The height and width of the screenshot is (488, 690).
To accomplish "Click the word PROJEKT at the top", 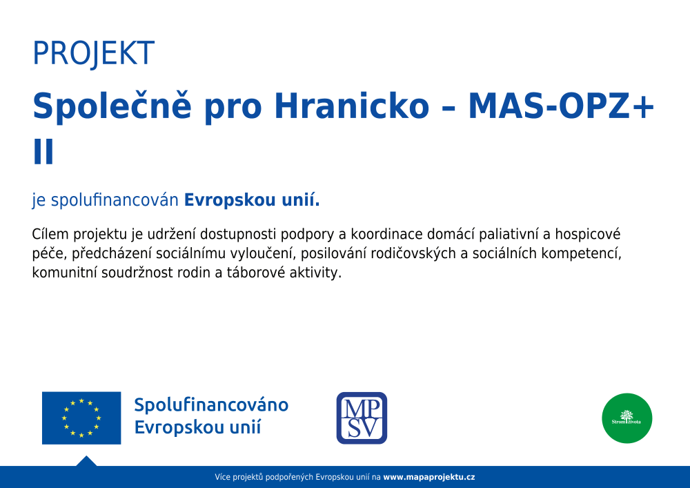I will coord(94,54).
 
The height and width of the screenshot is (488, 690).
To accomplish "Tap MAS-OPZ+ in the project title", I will coord(561,106).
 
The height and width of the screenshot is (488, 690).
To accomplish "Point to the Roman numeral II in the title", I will coord(43,152).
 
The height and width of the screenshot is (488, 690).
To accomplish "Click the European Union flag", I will coord(81,418).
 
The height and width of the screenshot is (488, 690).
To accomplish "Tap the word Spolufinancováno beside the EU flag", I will coord(211,404).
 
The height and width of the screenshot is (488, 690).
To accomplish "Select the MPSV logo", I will coord(362,418).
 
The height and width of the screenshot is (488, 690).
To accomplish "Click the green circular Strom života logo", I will coord(627,418).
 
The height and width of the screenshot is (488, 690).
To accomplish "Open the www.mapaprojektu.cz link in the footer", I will coord(429,477).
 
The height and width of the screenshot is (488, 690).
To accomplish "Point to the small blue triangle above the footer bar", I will coord(86,461).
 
